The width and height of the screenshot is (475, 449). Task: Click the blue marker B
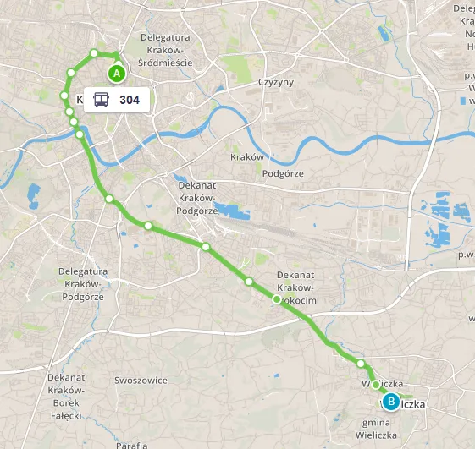click(391, 402)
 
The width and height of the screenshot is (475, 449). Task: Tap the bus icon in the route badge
click(101, 100)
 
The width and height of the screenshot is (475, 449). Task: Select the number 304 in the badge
click(130, 100)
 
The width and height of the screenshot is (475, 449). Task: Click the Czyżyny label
click(274, 83)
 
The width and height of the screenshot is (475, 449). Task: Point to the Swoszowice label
click(141, 381)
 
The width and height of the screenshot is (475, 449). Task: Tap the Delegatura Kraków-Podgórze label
click(82, 284)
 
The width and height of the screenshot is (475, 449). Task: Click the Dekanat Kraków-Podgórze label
click(198, 197)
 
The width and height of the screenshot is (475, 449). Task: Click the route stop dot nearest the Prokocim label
click(276, 299)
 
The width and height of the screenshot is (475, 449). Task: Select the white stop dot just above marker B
click(376, 385)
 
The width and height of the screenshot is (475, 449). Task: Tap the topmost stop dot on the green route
click(94, 53)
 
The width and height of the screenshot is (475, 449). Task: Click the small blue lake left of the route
click(34, 197)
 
